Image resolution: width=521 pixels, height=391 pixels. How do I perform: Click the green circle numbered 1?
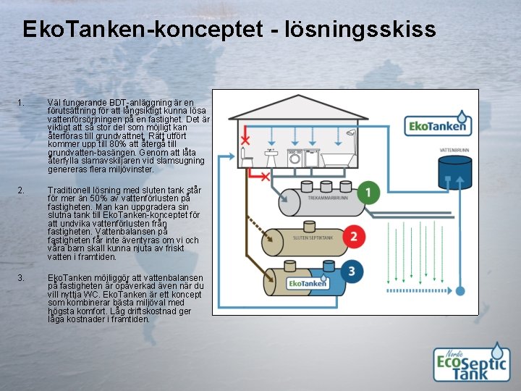pos(369,193)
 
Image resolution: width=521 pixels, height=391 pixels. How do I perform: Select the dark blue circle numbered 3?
pos(352,272)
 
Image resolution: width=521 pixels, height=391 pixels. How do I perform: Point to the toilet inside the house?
pos(248,159)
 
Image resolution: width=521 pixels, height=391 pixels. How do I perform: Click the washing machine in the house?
pos(295,158)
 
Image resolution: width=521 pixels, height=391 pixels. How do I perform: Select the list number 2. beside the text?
pos(22,190)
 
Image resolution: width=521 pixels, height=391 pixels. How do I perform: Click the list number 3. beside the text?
pos(22,278)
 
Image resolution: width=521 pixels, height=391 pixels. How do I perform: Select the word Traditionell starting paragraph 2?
pos(69,190)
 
